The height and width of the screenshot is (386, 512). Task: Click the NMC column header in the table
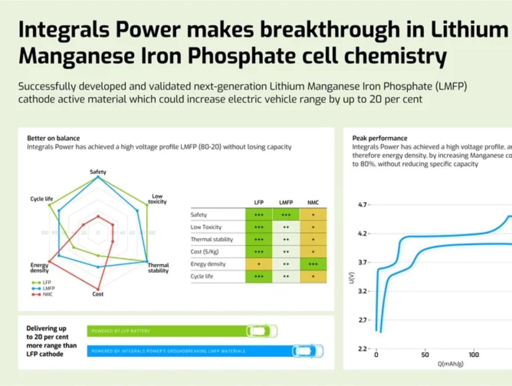click(x=313, y=202)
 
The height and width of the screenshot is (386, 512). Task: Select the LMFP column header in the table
click(x=286, y=202)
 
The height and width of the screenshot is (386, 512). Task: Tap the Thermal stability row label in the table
click(x=212, y=239)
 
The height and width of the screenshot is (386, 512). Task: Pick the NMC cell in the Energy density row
click(x=313, y=264)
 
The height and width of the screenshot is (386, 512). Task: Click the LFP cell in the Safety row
click(x=259, y=215)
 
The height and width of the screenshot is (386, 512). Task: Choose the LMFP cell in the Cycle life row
click(x=286, y=276)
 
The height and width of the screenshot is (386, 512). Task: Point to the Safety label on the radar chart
click(x=98, y=172)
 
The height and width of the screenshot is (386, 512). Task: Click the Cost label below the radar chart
click(x=98, y=294)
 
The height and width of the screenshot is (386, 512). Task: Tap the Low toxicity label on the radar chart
click(x=157, y=199)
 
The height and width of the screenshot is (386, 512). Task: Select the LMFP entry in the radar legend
click(x=49, y=288)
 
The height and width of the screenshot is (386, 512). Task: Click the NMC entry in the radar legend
click(x=48, y=295)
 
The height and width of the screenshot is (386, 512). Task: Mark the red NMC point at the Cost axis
click(x=98, y=289)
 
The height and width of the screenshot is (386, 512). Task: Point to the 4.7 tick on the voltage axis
click(x=363, y=205)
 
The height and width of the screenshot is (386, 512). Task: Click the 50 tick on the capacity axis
click(x=425, y=355)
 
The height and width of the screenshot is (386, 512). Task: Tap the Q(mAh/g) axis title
click(x=451, y=364)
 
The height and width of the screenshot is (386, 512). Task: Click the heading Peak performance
click(x=380, y=138)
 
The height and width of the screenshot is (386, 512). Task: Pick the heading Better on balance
click(x=54, y=138)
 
